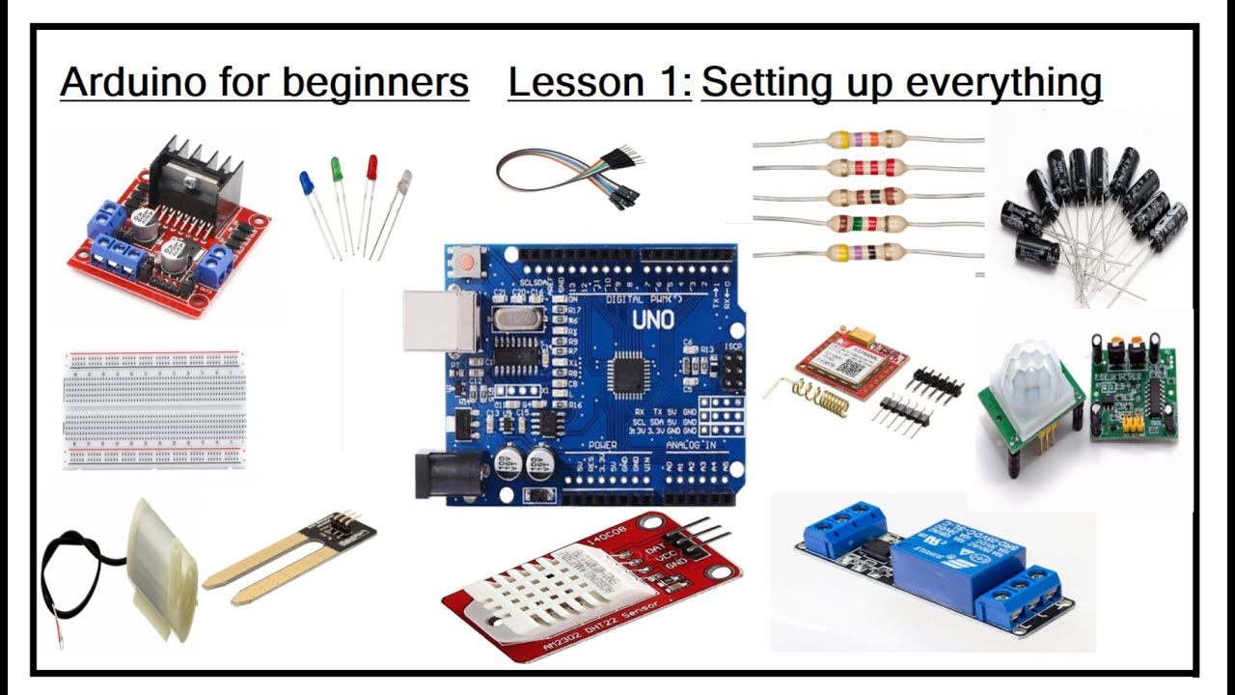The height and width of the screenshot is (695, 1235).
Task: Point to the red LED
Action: (371, 167)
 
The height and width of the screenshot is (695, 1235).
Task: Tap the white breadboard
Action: (154, 409)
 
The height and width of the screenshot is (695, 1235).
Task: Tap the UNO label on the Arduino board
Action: (655, 320)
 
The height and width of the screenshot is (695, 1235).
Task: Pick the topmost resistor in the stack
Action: (868, 141)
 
